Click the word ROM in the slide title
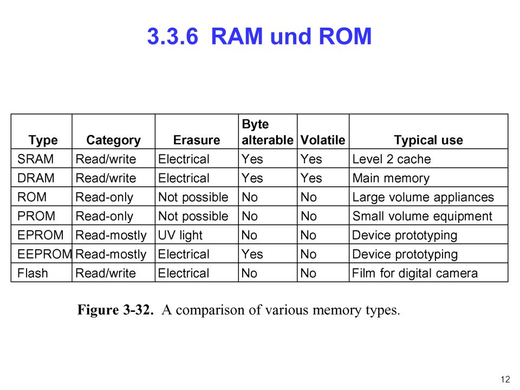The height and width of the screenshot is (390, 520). click(x=345, y=36)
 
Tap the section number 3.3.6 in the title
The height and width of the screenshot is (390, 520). click(x=173, y=36)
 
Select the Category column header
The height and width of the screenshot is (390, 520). click(x=113, y=140)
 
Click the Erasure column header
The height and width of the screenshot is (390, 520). click(x=197, y=140)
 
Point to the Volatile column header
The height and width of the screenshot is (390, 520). click(x=323, y=140)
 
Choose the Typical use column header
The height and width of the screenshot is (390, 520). click(x=428, y=140)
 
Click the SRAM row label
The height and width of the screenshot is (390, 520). click(x=36, y=159)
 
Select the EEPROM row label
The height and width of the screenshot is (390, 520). click(x=44, y=255)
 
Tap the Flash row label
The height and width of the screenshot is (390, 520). click(x=32, y=273)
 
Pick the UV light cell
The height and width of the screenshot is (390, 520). click(x=180, y=236)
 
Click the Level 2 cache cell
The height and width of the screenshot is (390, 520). click(x=391, y=159)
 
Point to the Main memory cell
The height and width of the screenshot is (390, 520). click(x=391, y=178)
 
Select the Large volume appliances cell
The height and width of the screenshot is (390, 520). click(x=423, y=198)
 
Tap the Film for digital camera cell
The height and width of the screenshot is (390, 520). click(x=415, y=274)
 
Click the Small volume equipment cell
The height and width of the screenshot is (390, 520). click(x=422, y=217)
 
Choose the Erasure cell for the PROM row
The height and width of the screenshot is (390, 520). click(x=193, y=217)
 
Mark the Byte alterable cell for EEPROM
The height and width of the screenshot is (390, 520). click(x=252, y=255)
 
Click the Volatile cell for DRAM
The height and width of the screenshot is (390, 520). click(x=311, y=178)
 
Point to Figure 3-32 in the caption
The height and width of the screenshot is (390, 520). click(x=115, y=310)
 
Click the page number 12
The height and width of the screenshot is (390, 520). click(x=505, y=379)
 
